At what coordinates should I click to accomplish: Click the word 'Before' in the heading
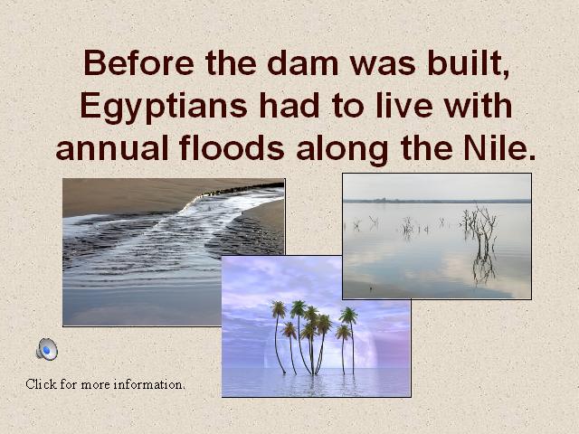(138, 62)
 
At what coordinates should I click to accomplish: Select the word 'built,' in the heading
(469, 63)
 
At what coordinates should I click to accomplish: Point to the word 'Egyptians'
(164, 107)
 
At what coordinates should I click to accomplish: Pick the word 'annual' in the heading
(112, 147)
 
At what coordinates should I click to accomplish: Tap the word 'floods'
(232, 147)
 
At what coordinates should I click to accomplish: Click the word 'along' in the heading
(342, 149)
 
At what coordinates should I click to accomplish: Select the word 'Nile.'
(499, 147)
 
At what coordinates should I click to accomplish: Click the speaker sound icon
(47, 349)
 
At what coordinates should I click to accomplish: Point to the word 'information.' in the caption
(148, 384)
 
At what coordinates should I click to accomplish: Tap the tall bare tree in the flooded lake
(480, 240)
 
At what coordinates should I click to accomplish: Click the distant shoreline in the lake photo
(437, 201)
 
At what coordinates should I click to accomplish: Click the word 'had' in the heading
(289, 105)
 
